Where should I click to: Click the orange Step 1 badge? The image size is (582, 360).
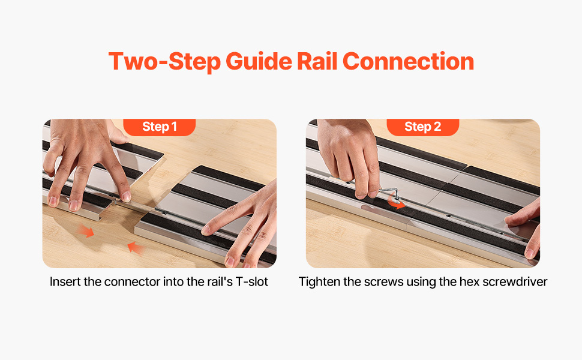coord(159,127)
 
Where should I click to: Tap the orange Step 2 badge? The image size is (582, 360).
coord(423,127)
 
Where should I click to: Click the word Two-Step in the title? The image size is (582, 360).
coord(164,62)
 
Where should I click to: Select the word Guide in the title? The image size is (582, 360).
coord(259,61)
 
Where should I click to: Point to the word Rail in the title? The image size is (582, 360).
coord(317,61)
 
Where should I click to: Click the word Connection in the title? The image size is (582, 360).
coord(408,61)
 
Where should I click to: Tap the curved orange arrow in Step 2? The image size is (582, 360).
coord(395,202)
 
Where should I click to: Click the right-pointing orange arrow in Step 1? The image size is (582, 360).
coord(86,231)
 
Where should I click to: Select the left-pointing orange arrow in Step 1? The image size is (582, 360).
coord(136,248)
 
